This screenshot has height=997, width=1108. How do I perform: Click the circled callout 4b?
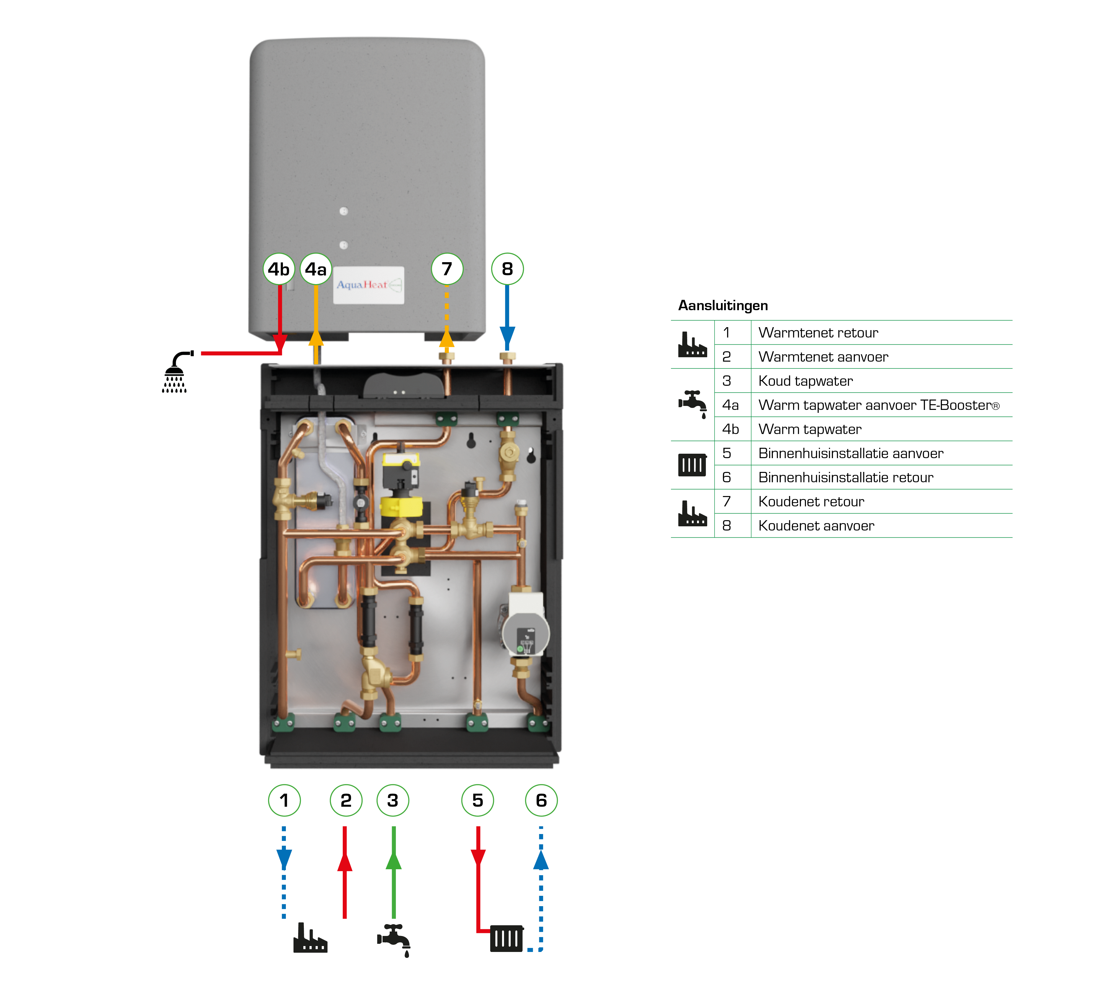[x=278, y=269]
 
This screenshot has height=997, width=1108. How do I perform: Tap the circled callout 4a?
[x=316, y=269]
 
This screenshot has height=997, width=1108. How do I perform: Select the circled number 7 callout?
[x=447, y=269]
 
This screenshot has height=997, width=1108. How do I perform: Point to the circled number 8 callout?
[x=507, y=269]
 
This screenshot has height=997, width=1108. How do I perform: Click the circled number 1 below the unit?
[x=284, y=800]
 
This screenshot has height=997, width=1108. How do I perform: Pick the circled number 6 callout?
[x=541, y=800]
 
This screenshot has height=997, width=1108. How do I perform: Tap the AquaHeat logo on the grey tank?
[x=368, y=285]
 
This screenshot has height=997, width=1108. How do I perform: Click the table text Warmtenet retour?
[x=817, y=333]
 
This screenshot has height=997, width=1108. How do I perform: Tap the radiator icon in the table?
[x=692, y=465]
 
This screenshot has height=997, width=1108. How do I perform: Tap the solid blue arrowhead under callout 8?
[x=507, y=335]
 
